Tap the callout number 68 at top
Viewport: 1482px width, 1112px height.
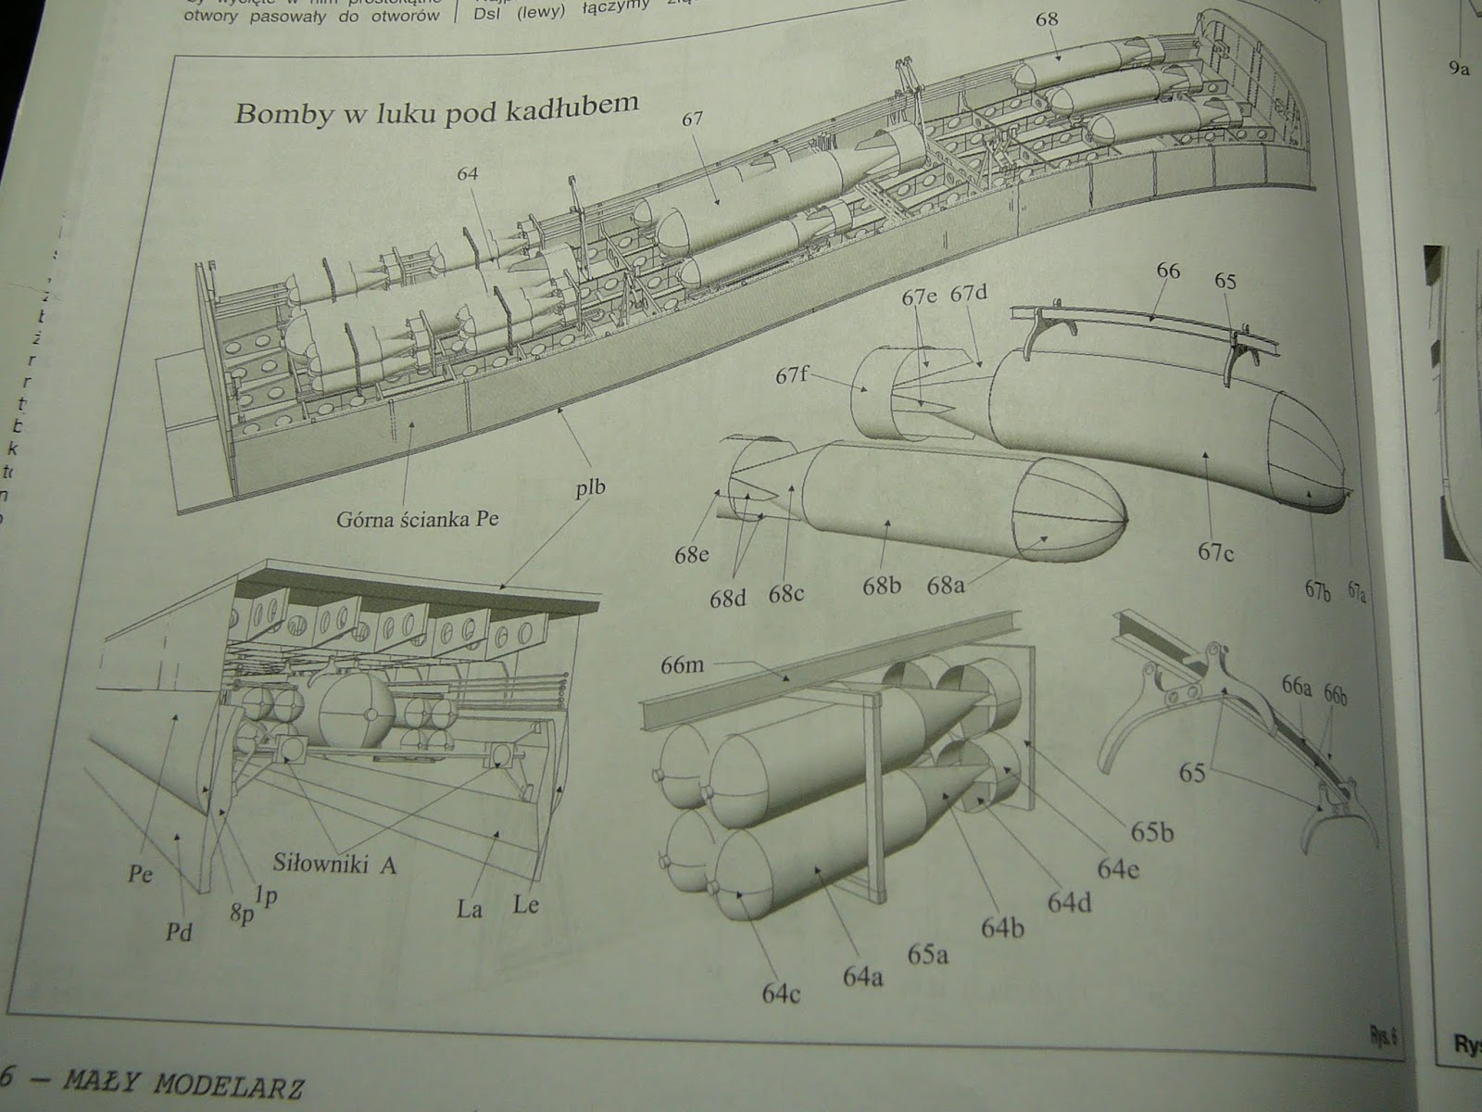click(x=1048, y=19)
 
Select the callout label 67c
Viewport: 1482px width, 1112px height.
click(x=1215, y=551)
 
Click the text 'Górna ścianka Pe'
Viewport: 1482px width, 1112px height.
click(x=417, y=518)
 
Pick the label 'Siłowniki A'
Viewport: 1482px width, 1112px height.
click(x=334, y=864)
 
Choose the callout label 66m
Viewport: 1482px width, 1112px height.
click(x=684, y=665)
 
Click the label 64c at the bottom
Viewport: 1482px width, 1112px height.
click(x=782, y=992)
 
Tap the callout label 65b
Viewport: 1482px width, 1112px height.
click(x=1150, y=832)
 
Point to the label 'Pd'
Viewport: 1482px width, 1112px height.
click(x=179, y=931)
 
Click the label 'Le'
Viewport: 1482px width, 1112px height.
click(x=525, y=903)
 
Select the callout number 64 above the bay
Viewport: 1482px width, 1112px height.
click(x=469, y=173)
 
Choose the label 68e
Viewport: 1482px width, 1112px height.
click(x=692, y=555)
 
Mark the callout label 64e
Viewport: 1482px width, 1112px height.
click(x=1119, y=868)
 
